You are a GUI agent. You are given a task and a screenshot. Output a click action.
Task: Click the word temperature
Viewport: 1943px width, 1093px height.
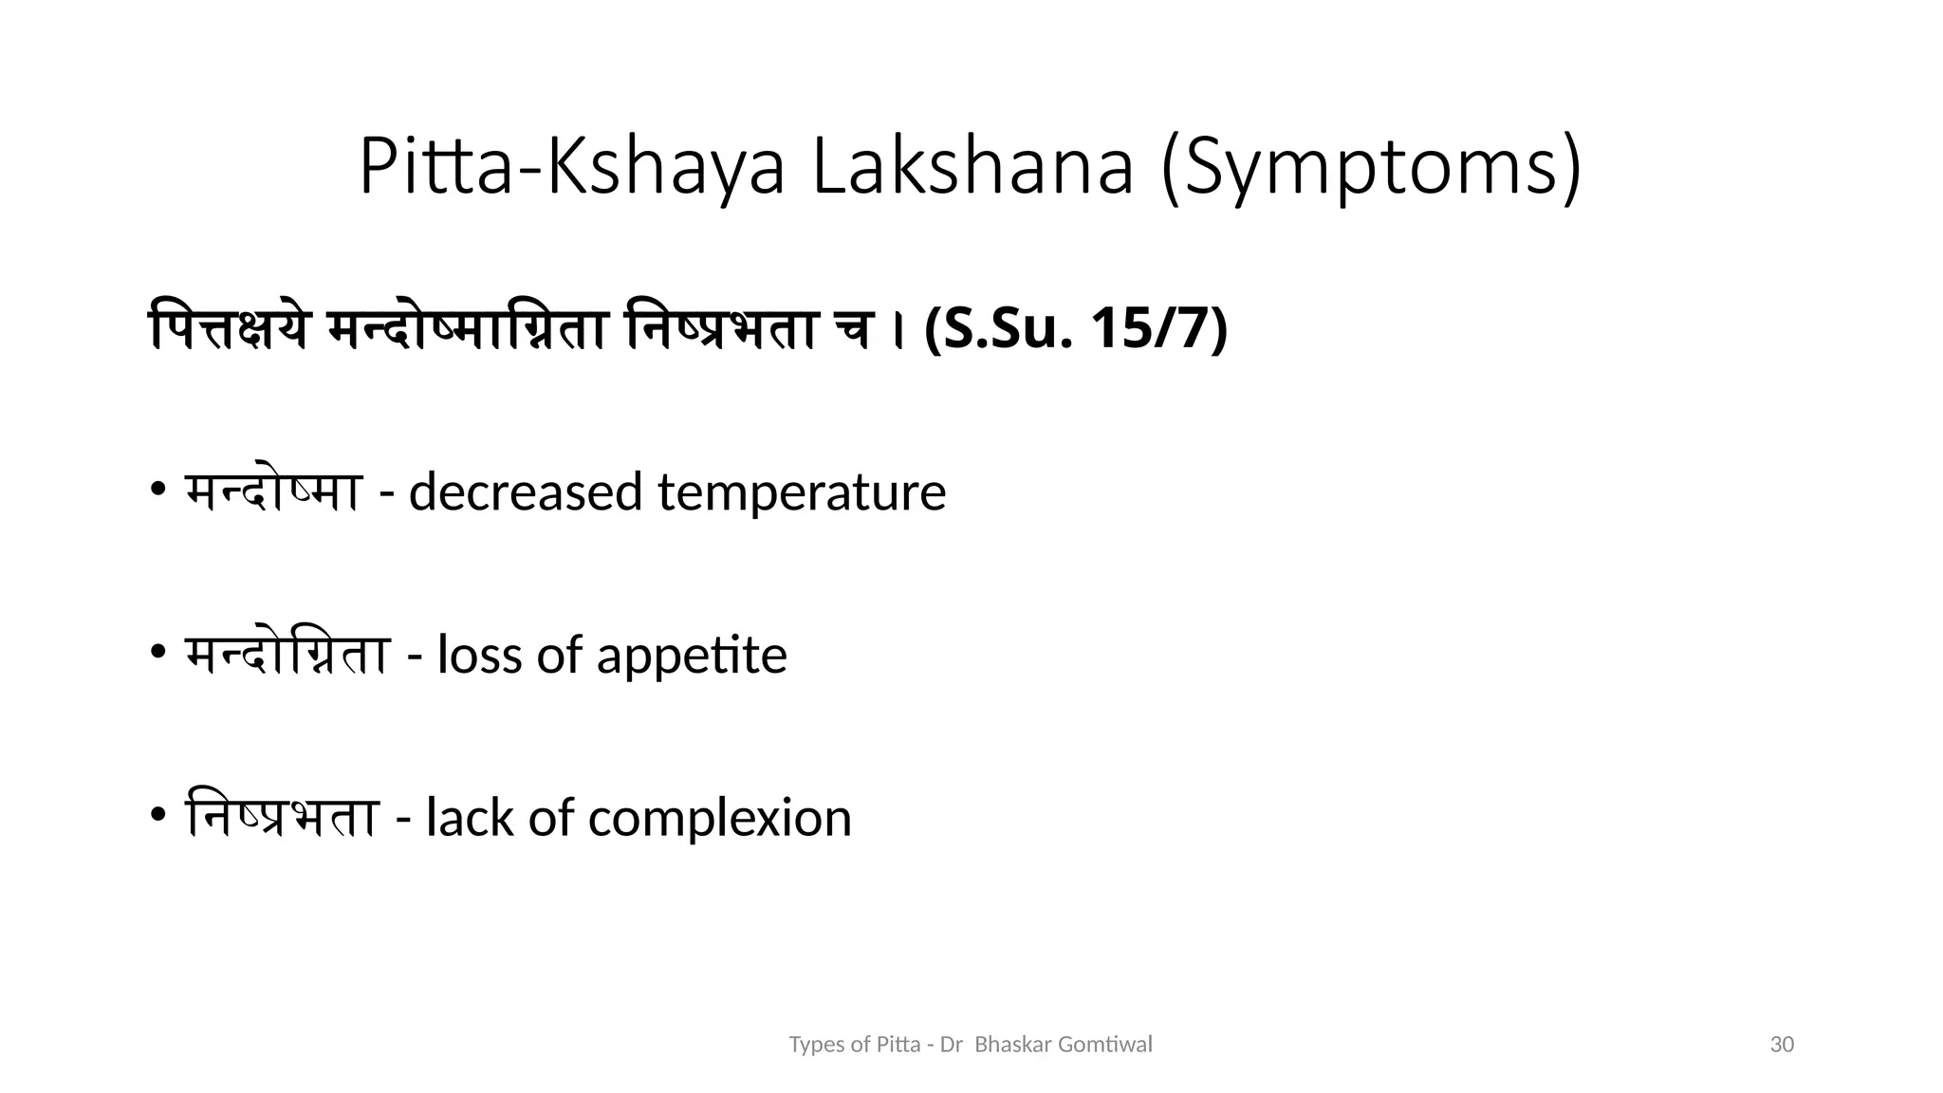pyautogui.click(x=802, y=492)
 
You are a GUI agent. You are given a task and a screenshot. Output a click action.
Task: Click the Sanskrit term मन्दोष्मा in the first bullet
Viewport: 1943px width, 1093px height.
pyautogui.click(x=273, y=492)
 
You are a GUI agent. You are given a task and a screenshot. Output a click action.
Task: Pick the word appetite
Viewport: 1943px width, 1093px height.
pyautogui.click(x=692, y=656)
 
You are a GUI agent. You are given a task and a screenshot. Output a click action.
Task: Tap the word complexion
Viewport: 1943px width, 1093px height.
pyautogui.click(x=720, y=818)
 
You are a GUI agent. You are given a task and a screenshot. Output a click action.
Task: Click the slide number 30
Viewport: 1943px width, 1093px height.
pyautogui.click(x=1783, y=1045)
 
